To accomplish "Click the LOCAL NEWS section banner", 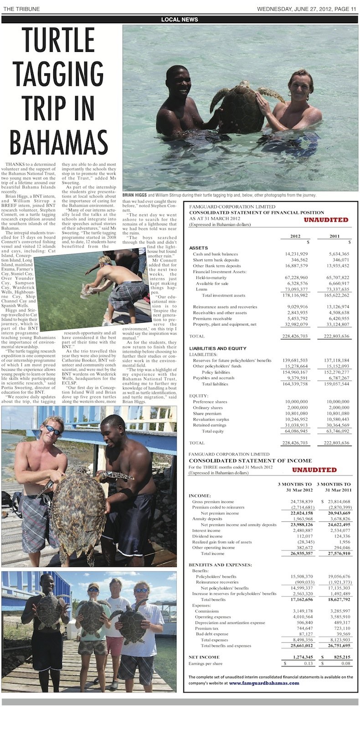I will [180, 20].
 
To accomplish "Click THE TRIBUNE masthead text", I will [21, 9].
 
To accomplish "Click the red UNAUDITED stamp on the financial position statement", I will [326, 220].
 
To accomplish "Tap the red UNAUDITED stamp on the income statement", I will [314, 469].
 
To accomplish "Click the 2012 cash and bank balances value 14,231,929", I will [296, 254].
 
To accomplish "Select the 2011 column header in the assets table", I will [335, 236].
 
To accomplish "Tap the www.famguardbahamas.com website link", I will [264, 683].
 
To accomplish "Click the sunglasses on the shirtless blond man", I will [52, 429].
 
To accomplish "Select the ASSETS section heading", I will [198, 248].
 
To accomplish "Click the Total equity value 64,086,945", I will [296, 431].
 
